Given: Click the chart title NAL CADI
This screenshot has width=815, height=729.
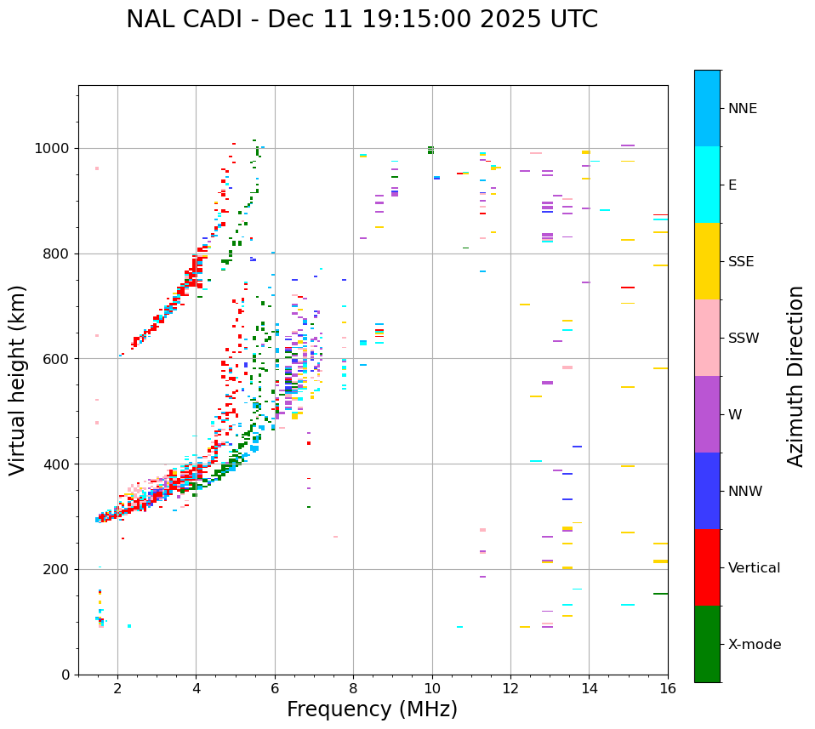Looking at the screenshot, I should [362, 20].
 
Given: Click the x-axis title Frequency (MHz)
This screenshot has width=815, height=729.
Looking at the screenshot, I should [372, 709].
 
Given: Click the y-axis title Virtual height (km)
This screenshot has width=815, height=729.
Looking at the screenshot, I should [18, 379].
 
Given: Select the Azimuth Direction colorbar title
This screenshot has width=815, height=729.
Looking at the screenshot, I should [795, 376].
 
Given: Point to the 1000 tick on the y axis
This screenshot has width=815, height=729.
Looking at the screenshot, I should [57, 148].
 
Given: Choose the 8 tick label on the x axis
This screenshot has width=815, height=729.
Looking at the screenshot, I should [353, 687].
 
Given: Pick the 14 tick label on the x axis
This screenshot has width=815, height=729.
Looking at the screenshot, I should [589, 687].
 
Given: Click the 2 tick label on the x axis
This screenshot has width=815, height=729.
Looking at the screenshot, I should [117, 687].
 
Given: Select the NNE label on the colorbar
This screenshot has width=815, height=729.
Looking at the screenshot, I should [742, 109].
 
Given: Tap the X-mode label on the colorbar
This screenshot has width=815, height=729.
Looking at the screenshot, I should [754, 645].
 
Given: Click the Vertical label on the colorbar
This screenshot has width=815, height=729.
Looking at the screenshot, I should [754, 568].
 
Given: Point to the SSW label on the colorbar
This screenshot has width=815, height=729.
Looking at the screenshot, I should [743, 339].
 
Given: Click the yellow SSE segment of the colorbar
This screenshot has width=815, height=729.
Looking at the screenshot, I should [707, 261].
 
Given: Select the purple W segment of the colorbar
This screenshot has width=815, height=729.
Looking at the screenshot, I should [707, 414].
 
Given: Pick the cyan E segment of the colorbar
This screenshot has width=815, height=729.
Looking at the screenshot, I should [707, 185].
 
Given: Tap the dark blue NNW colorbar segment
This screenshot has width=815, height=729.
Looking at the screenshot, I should [707, 491].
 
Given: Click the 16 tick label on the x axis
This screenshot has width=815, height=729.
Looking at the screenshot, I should [668, 687].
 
